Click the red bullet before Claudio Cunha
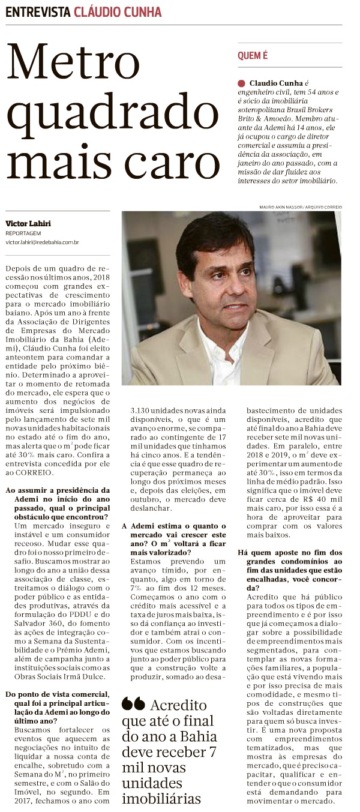point(241,82)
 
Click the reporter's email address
point(43,242)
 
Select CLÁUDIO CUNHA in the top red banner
point(118,12)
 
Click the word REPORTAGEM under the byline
point(23,233)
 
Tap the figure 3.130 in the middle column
point(142,411)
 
